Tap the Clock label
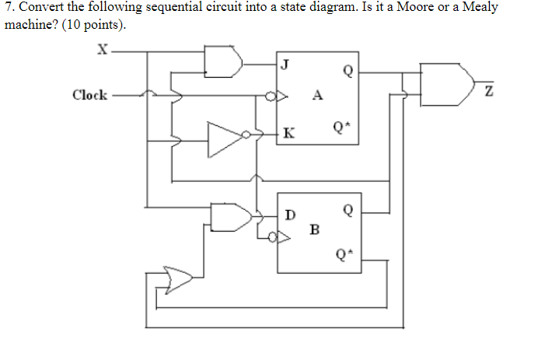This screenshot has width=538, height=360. [x=89, y=95]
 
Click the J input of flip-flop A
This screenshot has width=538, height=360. [x=285, y=65]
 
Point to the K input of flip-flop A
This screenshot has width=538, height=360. [x=288, y=133]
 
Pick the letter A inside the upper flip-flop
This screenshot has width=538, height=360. [x=316, y=96]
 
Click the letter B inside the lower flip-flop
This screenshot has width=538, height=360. [x=314, y=229]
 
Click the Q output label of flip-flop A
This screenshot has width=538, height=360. [x=347, y=72]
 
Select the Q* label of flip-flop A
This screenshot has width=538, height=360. [x=340, y=124]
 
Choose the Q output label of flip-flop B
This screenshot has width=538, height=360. [x=347, y=210]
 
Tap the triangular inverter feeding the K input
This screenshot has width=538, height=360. [x=225, y=137]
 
